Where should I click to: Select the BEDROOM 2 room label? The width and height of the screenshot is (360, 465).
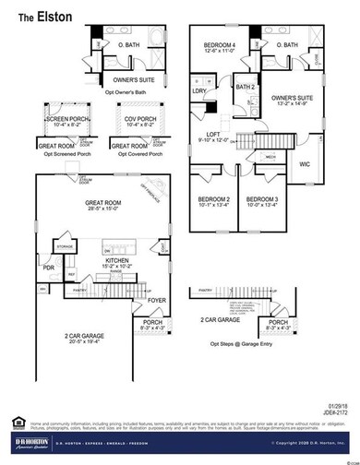(x=214, y=199)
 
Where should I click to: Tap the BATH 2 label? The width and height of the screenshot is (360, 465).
(x=245, y=87)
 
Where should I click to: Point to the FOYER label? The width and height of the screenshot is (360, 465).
(x=158, y=300)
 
